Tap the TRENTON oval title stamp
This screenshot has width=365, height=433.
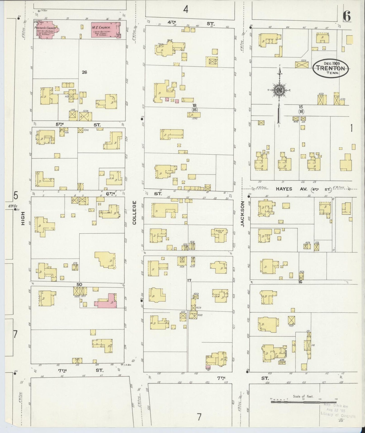tap(330, 68)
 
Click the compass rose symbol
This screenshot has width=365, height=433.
tap(279, 90)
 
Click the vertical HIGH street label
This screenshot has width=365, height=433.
tap(23, 219)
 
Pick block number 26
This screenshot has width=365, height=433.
tap(84, 72)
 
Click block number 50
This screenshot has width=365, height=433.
tap(79, 284)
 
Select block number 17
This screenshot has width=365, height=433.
tap(189, 280)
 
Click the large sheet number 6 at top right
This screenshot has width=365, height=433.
tap(347, 17)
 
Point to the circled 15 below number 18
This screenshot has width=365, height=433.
tap(194, 110)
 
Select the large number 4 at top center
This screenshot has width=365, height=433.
tap(186, 10)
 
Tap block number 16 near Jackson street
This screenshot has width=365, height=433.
tap(300, 282)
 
